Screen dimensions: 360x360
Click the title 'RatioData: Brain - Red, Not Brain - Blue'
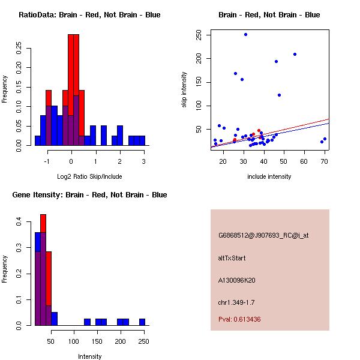point(89,15)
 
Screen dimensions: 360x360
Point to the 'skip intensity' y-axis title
point(184,90)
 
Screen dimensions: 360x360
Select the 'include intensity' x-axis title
point(269,177)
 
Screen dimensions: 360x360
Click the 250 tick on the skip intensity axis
point(199,35)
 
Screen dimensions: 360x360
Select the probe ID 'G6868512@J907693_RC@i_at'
point(263,235)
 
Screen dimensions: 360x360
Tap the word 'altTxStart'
point(232,258)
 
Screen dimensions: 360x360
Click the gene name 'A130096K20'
point(238,280)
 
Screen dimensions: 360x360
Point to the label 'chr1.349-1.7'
point(236,302)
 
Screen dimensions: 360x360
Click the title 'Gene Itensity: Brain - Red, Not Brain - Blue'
point(89,195)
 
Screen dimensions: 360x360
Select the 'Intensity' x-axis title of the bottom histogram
point(89,356)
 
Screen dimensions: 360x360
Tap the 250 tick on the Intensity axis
point(143,342)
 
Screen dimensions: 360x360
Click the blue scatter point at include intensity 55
point(295,54)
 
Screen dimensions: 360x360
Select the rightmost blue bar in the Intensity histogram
point(142,322)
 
